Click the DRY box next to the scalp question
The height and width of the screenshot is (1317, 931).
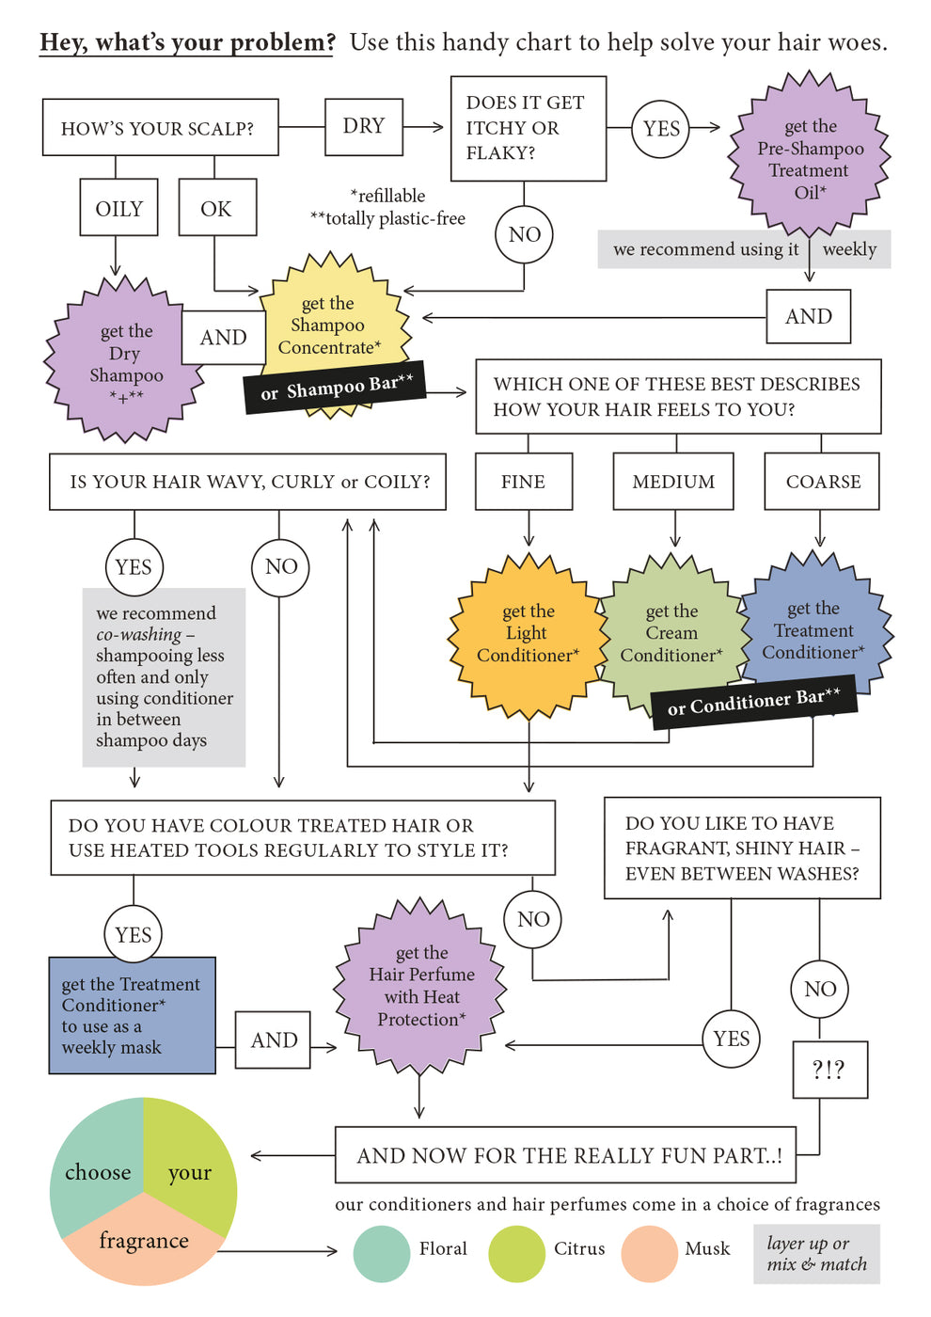click(x=364, y=127)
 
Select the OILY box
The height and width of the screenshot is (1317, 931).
click(x=118, y=208)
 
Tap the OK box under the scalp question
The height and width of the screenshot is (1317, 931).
click(x=215, y=208)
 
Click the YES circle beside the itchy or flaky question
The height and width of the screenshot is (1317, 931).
click(x=661, y=129)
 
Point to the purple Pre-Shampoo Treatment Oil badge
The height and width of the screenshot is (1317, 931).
click(x=810, y=158)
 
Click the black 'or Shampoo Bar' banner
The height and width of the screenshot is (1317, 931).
click(x=336, y=387)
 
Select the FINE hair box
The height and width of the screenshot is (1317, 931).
click(x=523, y=482)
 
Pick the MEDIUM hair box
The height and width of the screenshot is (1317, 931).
click(x=673, y=482)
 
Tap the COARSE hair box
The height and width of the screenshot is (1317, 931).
click(x=823, y=482)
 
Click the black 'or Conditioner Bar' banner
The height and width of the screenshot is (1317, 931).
click(x=753, y=702)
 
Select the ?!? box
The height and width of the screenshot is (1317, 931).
click(x=829, y=1070)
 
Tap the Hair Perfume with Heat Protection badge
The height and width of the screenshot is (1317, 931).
click(x=421, y=986)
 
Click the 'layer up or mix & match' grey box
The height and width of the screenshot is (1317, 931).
click(x=816, y=1254)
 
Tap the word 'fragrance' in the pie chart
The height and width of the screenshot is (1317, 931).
click(x=144, y=1241)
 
